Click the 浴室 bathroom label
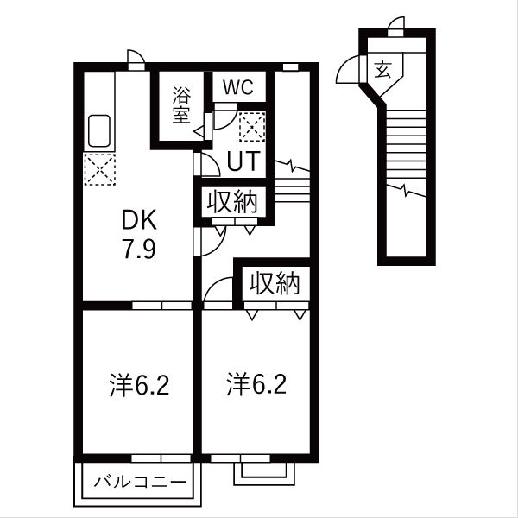click(180, 105)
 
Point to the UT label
click(243, 161)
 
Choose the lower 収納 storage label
click(275, 283)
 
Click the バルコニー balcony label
click(140, 480)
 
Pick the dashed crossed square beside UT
click(251, 129)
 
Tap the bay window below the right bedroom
click(263, 471)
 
